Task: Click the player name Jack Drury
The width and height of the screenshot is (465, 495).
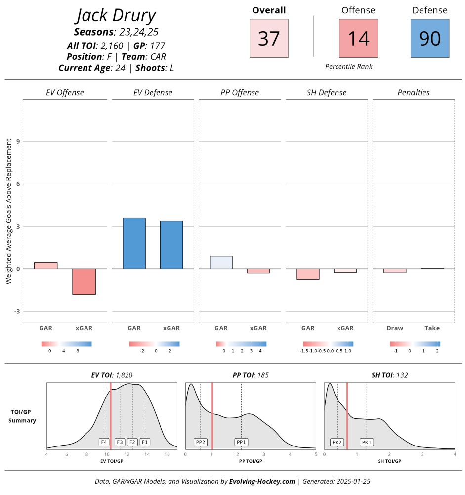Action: point(116,16)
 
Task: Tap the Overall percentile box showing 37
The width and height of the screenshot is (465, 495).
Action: point(269,39)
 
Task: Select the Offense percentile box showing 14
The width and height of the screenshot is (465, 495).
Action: point(358,39)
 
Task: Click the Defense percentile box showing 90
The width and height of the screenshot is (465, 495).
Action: point(429,39)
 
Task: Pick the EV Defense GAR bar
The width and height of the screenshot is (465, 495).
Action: point(134,243)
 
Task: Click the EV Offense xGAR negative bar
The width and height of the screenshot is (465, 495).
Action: point(84,281)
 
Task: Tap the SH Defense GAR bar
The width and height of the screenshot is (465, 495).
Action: point(308,274)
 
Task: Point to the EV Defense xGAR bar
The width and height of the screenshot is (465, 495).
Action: point(171,245)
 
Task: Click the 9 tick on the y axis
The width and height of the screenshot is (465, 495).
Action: point(17,142)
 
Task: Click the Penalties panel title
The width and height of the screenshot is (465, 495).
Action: point(414,93)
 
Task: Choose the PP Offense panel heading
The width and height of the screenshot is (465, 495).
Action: point(240,93)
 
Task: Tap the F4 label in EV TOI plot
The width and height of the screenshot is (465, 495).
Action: point(104,442)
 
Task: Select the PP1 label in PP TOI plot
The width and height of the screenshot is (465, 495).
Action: point(241,442)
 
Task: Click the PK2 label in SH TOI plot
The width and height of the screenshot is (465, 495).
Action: point(337,442)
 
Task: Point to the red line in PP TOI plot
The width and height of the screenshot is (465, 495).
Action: point(212,416)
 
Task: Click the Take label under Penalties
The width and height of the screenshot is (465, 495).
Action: point(432,328)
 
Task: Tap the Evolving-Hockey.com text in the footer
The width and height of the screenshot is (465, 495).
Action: point(262,481)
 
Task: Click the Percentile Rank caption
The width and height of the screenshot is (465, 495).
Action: point(349,67)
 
